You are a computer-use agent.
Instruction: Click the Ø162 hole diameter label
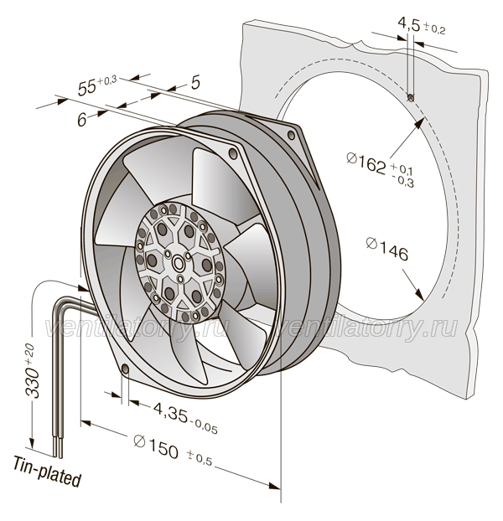pos(380,168)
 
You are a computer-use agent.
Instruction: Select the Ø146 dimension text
pos(386,250)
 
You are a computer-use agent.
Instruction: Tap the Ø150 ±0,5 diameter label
pos(173,450)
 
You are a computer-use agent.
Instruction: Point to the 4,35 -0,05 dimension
pos(185,417)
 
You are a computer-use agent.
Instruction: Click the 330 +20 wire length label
pos(33,370)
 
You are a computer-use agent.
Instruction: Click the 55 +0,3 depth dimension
pos(96,85)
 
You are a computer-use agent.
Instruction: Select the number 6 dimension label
pos(82,119)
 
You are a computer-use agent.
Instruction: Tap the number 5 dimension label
pos(196,82)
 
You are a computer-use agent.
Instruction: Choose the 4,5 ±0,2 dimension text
pos(421,26)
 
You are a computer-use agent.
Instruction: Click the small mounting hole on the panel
pos(411,97)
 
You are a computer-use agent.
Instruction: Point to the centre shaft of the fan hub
pos(179,263)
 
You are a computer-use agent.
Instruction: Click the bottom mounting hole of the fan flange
pos(126,369)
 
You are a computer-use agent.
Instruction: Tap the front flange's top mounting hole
pos(233,153)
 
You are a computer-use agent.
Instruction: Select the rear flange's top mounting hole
pos(291,135)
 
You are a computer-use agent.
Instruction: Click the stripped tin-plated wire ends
pos(57,447)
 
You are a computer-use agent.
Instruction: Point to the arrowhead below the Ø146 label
pos(419,294)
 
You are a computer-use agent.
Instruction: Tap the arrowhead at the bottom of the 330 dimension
pos(32,441)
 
